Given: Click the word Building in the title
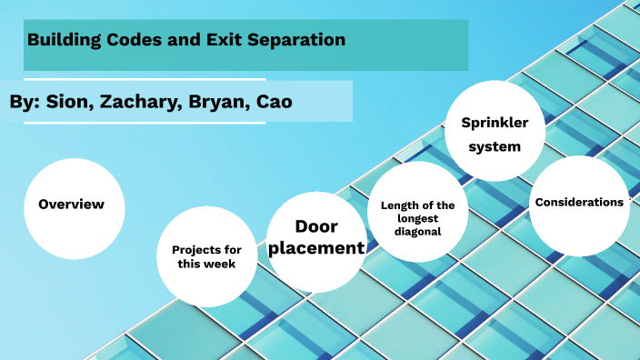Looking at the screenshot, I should pyautogui.click(x=63, y=40).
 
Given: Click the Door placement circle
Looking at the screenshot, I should pyautogui.click(x=315, y=238).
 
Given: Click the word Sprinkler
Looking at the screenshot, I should pyautogui.click(x=495, y=122).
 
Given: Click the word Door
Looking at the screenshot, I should pyautogui.click(x=315, y=226).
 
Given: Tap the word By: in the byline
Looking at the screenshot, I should pyautogui.click(x=25, y=102).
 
